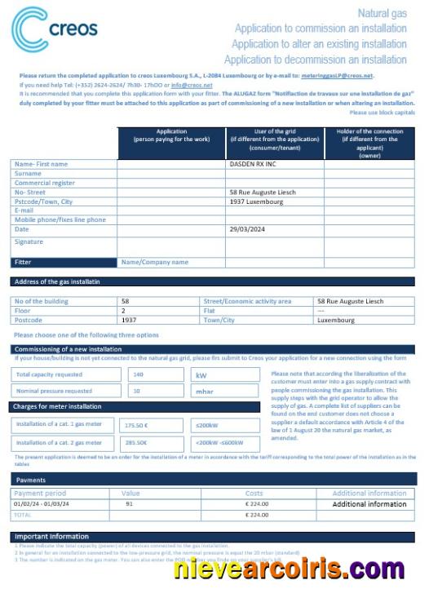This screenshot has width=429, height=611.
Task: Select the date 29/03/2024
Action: coord(250,229)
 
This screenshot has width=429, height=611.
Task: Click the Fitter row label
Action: coord(24,262)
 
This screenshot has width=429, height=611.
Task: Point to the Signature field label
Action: coord(29,242)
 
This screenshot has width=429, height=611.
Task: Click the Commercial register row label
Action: coord(45,183)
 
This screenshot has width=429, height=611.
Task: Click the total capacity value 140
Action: coord(137,374)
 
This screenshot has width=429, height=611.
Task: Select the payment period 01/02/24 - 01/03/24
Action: coord(46,504)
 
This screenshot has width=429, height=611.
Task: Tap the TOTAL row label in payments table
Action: coord(23,515)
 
